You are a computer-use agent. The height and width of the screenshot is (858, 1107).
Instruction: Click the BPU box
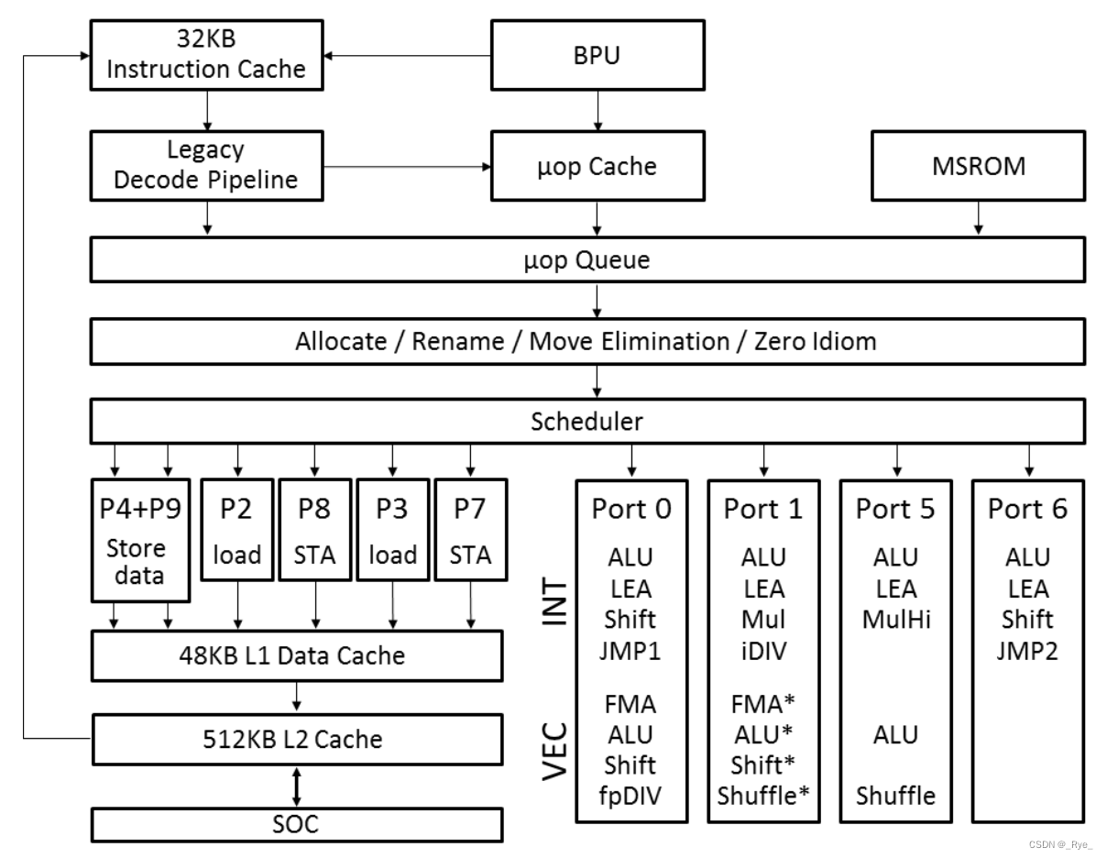click(x=597, y=55)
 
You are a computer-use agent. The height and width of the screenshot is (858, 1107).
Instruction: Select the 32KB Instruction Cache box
click(x=207, y=55)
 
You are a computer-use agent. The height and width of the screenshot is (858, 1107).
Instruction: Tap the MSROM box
click(x=978, y=166)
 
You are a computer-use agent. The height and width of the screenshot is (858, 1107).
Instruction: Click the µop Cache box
click(x=597, y=166)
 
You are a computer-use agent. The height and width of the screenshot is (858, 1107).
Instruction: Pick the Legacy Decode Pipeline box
click(x=207, y=166)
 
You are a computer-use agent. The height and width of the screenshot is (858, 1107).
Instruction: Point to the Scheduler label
click(x=587, y=423)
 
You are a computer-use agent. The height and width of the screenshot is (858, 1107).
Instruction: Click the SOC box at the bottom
click(x=297, y=824)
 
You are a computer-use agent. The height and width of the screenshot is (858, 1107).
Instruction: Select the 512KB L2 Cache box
click(x=297, y=738)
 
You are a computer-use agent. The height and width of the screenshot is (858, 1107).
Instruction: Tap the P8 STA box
click(x=315, y=529)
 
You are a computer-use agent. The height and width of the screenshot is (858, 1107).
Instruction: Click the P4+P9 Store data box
click(x=140, y=539)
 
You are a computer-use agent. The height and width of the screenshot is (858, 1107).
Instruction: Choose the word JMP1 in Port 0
click(x=630, y=651)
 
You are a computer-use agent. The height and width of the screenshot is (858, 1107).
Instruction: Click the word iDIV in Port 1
click(x=762, y=651)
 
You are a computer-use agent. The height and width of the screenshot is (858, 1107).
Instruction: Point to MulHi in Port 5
click(x=895, y=620)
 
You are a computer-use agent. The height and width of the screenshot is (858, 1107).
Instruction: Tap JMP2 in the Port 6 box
click(x=1027, y=651)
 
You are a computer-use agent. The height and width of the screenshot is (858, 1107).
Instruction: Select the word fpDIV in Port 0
click(x=630, y=795)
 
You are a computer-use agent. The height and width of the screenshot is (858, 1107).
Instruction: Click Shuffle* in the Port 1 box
click(x=763, y=795)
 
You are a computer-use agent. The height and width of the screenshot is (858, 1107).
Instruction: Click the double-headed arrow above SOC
click(x=297, y=785)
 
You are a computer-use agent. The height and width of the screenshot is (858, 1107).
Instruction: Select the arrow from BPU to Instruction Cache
click(x=407, y=56)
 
